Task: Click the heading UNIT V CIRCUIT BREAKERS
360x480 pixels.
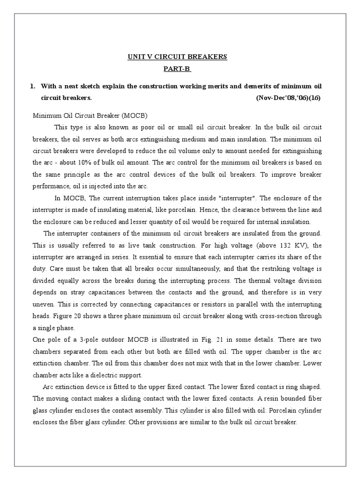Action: [x=177, y=57]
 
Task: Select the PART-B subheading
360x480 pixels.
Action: [x=177, y=69]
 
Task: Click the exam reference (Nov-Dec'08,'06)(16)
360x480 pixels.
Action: [x=289, y=98]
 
